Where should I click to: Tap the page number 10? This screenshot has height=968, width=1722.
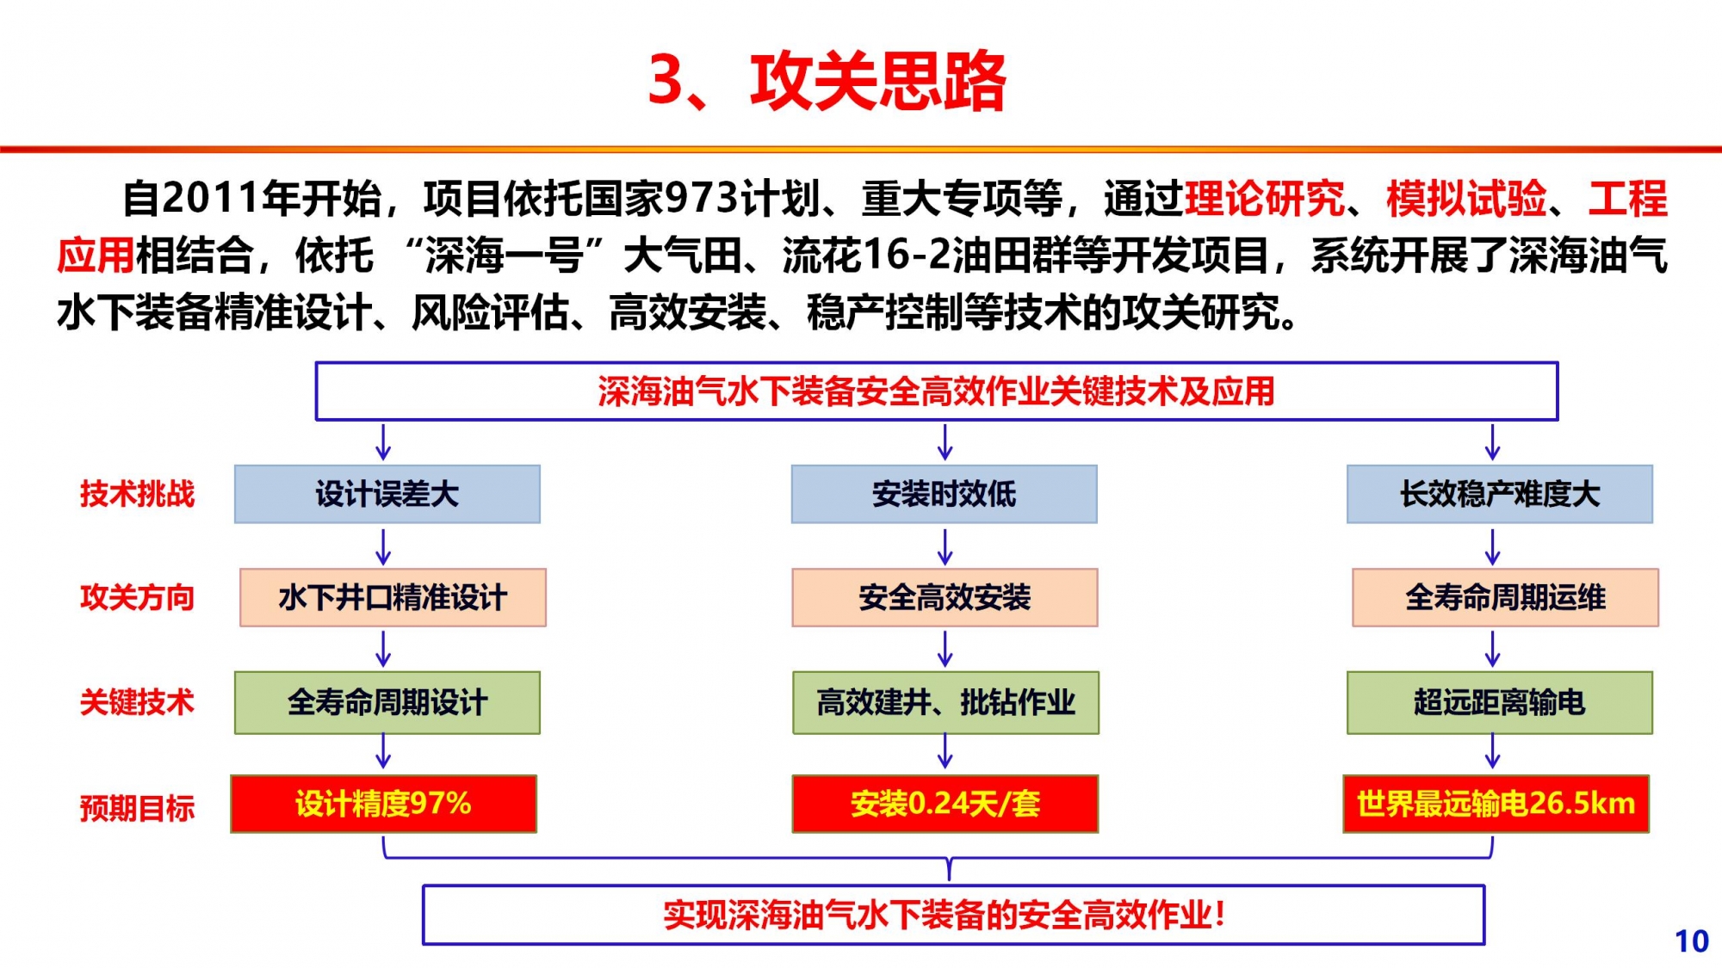pyautogui.click(x=1691, y=941)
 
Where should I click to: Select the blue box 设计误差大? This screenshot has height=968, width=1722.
pyautogui.click(x=387, y=494)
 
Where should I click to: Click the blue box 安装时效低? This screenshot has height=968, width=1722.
pyautogui.click(x=945, y=494)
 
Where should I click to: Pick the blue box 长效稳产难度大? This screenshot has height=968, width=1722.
pyautogui.click(x=1500, y=494)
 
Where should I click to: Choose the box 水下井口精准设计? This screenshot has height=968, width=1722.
pyautogui.click(x=393, y=597)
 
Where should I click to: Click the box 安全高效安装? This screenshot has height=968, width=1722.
pyautogui.click(x=945, y=597)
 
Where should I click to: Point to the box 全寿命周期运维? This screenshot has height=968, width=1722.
pyautogui.click(x=1505, y=597)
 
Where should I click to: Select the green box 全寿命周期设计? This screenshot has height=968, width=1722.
pyautogui.click(x=387, y=702)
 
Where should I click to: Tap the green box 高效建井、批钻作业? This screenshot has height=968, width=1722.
pyautogui.click(x=945, y=702)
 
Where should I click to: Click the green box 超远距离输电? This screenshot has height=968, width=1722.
pyautogui.click(x=1500, y=702)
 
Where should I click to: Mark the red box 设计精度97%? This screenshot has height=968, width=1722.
pyautogui.click(x=383, y=804)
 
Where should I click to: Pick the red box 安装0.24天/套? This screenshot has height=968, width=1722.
pyautogui.click(x=945, y=804)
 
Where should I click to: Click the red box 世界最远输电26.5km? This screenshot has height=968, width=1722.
pyautogui.click(x=1496, y=804)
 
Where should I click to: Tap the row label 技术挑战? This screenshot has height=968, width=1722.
pyautogui.click(x=137, y=494)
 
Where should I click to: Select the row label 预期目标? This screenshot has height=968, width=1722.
pyautogui.click(x=137, y=808)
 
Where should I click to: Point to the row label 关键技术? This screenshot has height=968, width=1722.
pyautogui.click(x=137, y=702)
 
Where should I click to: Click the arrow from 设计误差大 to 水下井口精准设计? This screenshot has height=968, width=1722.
pyautogui.click(x=384, y=546)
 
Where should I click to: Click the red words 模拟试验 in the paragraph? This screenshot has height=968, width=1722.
pyautogui.click(x=1466, y=199)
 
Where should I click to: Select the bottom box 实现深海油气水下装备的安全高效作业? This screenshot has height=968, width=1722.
pyautogui.click(x=953, y=915)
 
